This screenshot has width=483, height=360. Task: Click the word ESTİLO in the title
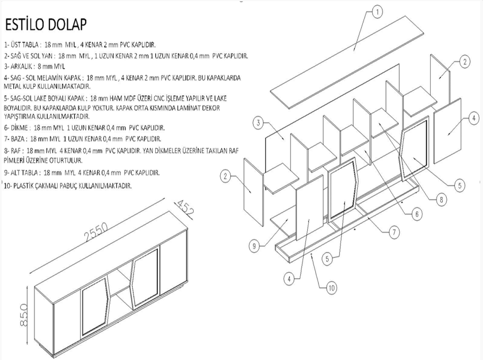[25, 25]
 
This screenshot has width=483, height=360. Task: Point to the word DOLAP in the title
[68, 25]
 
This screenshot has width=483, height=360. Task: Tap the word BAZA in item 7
[18, 139]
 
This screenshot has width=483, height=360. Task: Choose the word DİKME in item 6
[20, 128]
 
